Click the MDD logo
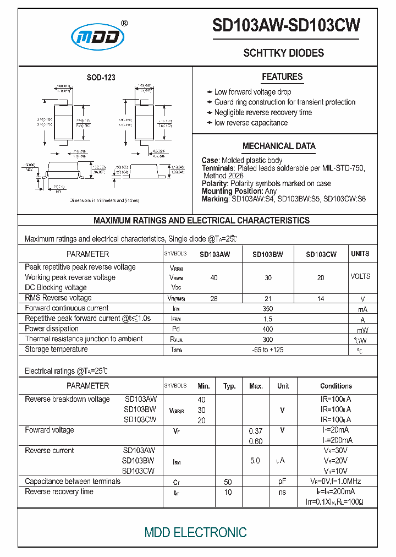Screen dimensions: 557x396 point(98,36)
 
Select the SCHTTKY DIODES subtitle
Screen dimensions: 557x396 point(283,53)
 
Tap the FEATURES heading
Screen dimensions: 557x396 point(282,77)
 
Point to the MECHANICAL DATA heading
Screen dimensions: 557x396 point(279,146)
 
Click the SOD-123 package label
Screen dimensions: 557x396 point(101,78)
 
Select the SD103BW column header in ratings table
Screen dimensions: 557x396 point(268,254)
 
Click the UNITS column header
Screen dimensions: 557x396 point(360,254)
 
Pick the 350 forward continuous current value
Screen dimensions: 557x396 point(268,309)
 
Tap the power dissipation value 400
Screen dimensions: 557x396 point(268,329)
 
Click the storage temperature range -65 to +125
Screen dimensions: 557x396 point(268,350)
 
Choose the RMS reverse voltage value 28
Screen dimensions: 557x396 point(214,298)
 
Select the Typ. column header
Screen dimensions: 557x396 point(229,386)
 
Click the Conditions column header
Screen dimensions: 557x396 point(336,386)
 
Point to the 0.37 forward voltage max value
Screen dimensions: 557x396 point(255,431)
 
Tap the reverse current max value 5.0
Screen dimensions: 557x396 point(255,461)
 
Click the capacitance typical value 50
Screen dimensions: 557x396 point(228,482)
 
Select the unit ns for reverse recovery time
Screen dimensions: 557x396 point(282,492)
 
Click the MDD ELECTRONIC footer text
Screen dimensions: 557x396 point(195,532)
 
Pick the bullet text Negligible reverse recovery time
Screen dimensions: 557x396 point(263,112)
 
